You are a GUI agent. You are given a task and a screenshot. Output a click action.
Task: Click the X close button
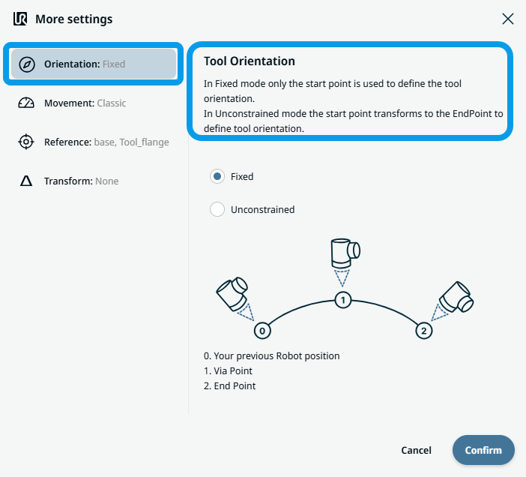[x=508, y=19]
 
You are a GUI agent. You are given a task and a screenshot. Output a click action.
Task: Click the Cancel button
[x=416, y=450]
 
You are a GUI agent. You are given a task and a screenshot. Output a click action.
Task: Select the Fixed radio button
[x=217, y=176]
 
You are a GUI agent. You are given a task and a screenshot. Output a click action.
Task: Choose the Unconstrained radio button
[x=217, y=209]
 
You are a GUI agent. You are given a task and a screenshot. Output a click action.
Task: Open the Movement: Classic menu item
[x=85, y=103]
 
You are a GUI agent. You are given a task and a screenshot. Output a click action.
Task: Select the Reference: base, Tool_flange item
[x=106, y=142]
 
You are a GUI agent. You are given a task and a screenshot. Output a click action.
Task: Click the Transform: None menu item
[x=81, y=181]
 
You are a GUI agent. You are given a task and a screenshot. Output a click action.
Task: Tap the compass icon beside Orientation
[x=26, y=64]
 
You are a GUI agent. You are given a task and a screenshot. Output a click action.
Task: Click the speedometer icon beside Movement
[x=26, y=103]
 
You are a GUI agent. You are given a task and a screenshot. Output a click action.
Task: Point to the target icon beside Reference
[x=26, y=142]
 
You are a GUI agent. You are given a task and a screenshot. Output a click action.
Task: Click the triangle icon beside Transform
[x=26, y=181]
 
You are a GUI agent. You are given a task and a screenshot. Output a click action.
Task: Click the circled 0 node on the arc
[x=262, y=330]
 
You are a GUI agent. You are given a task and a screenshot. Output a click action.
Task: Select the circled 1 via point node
[x=342, y=300]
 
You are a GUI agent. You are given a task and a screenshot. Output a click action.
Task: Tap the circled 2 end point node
[x=423, y=330]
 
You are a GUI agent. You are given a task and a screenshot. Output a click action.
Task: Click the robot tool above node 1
[x=344, y=253]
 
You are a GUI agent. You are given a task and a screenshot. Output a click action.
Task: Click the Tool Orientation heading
[x=250, y=61]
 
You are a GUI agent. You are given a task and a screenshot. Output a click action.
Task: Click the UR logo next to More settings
[x=20, y=19]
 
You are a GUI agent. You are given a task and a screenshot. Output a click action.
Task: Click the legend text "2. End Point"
[x=235, y=385]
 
